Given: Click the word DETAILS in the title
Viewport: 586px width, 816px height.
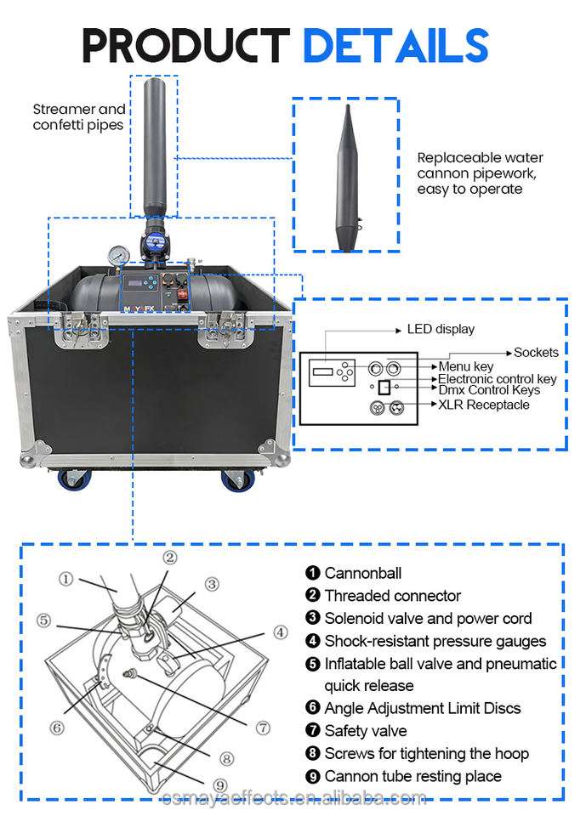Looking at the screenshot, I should point(395,45).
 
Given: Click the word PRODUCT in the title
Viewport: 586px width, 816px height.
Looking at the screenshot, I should point(186,45).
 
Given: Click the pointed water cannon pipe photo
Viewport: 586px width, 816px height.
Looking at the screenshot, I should point(345,178).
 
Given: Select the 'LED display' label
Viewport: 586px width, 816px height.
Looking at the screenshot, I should point(441,329).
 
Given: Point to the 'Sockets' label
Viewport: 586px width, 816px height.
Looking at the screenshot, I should point(536,352).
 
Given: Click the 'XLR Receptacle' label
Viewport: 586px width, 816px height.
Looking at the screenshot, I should point(483,405).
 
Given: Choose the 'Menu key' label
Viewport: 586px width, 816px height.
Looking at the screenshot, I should point(466,366).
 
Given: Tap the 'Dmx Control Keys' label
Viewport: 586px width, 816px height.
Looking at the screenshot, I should point(489,389).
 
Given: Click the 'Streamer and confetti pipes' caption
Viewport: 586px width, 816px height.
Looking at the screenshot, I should point(79,117).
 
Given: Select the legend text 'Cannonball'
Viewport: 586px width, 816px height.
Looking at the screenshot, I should point(362,573).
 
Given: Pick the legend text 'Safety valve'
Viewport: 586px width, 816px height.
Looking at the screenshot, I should point(365,730).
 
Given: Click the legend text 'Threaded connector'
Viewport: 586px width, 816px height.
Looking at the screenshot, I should point(392,596).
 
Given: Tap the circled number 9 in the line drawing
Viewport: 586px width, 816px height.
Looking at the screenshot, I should point(220,785).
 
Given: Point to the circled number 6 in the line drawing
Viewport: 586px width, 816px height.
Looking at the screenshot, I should point(56,728).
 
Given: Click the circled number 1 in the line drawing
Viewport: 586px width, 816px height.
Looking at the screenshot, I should point(65,579).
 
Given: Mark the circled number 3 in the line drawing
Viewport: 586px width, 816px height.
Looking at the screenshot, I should point(211,584).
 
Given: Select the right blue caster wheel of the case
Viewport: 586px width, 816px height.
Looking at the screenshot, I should point(237,479).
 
